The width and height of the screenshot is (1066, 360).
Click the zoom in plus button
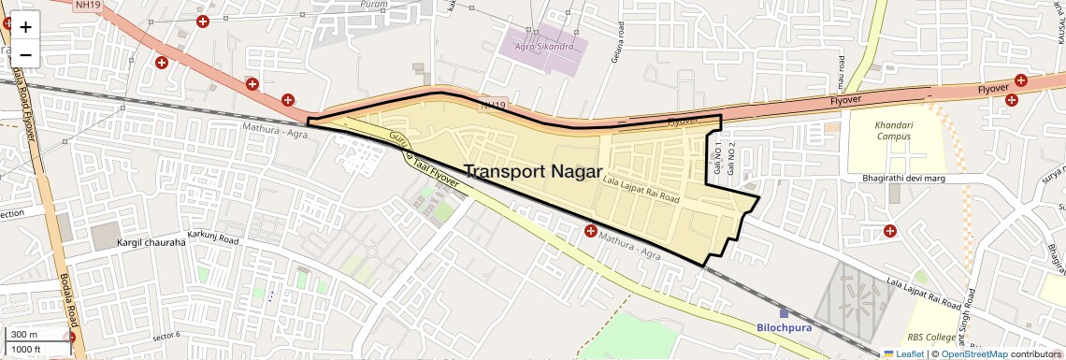[25, 27]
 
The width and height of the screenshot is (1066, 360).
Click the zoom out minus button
[25, 54]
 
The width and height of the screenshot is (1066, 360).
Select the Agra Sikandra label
[541, 45]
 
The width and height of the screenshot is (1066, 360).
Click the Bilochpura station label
[784, 327]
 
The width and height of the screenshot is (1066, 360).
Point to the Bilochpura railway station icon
[784, 312]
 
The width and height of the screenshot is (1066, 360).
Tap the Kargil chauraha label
[151, 242]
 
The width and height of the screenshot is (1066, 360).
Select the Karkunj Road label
[213, 239]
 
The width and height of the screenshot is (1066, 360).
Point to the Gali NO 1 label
[717, 160]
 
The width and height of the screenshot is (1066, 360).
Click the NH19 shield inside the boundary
[493, 106]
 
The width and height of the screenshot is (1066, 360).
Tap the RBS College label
[929, 338]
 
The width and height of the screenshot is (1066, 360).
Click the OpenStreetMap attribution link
[974, 353]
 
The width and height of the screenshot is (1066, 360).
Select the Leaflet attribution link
[904, 353]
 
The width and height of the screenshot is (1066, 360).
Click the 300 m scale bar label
[24, 335]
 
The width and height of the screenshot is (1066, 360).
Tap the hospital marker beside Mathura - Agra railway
[590, 231]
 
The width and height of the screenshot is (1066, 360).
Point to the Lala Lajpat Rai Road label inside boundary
[641, 187]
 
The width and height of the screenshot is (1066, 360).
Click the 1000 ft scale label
[26, 349]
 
